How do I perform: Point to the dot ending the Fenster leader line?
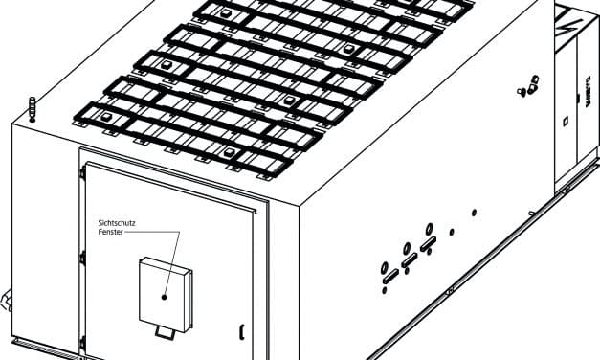[x=165, y=298]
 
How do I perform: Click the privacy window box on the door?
[x=165, y=289]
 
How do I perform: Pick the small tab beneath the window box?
[x=167, y=330]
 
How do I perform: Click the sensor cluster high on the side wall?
[x=523, y=89]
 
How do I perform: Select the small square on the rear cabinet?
[x=567, y=120]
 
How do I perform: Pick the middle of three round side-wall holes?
[x=406, y=248]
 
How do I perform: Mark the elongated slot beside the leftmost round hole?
[x=390, y=278]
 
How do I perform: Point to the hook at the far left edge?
[x=4, y=302]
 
